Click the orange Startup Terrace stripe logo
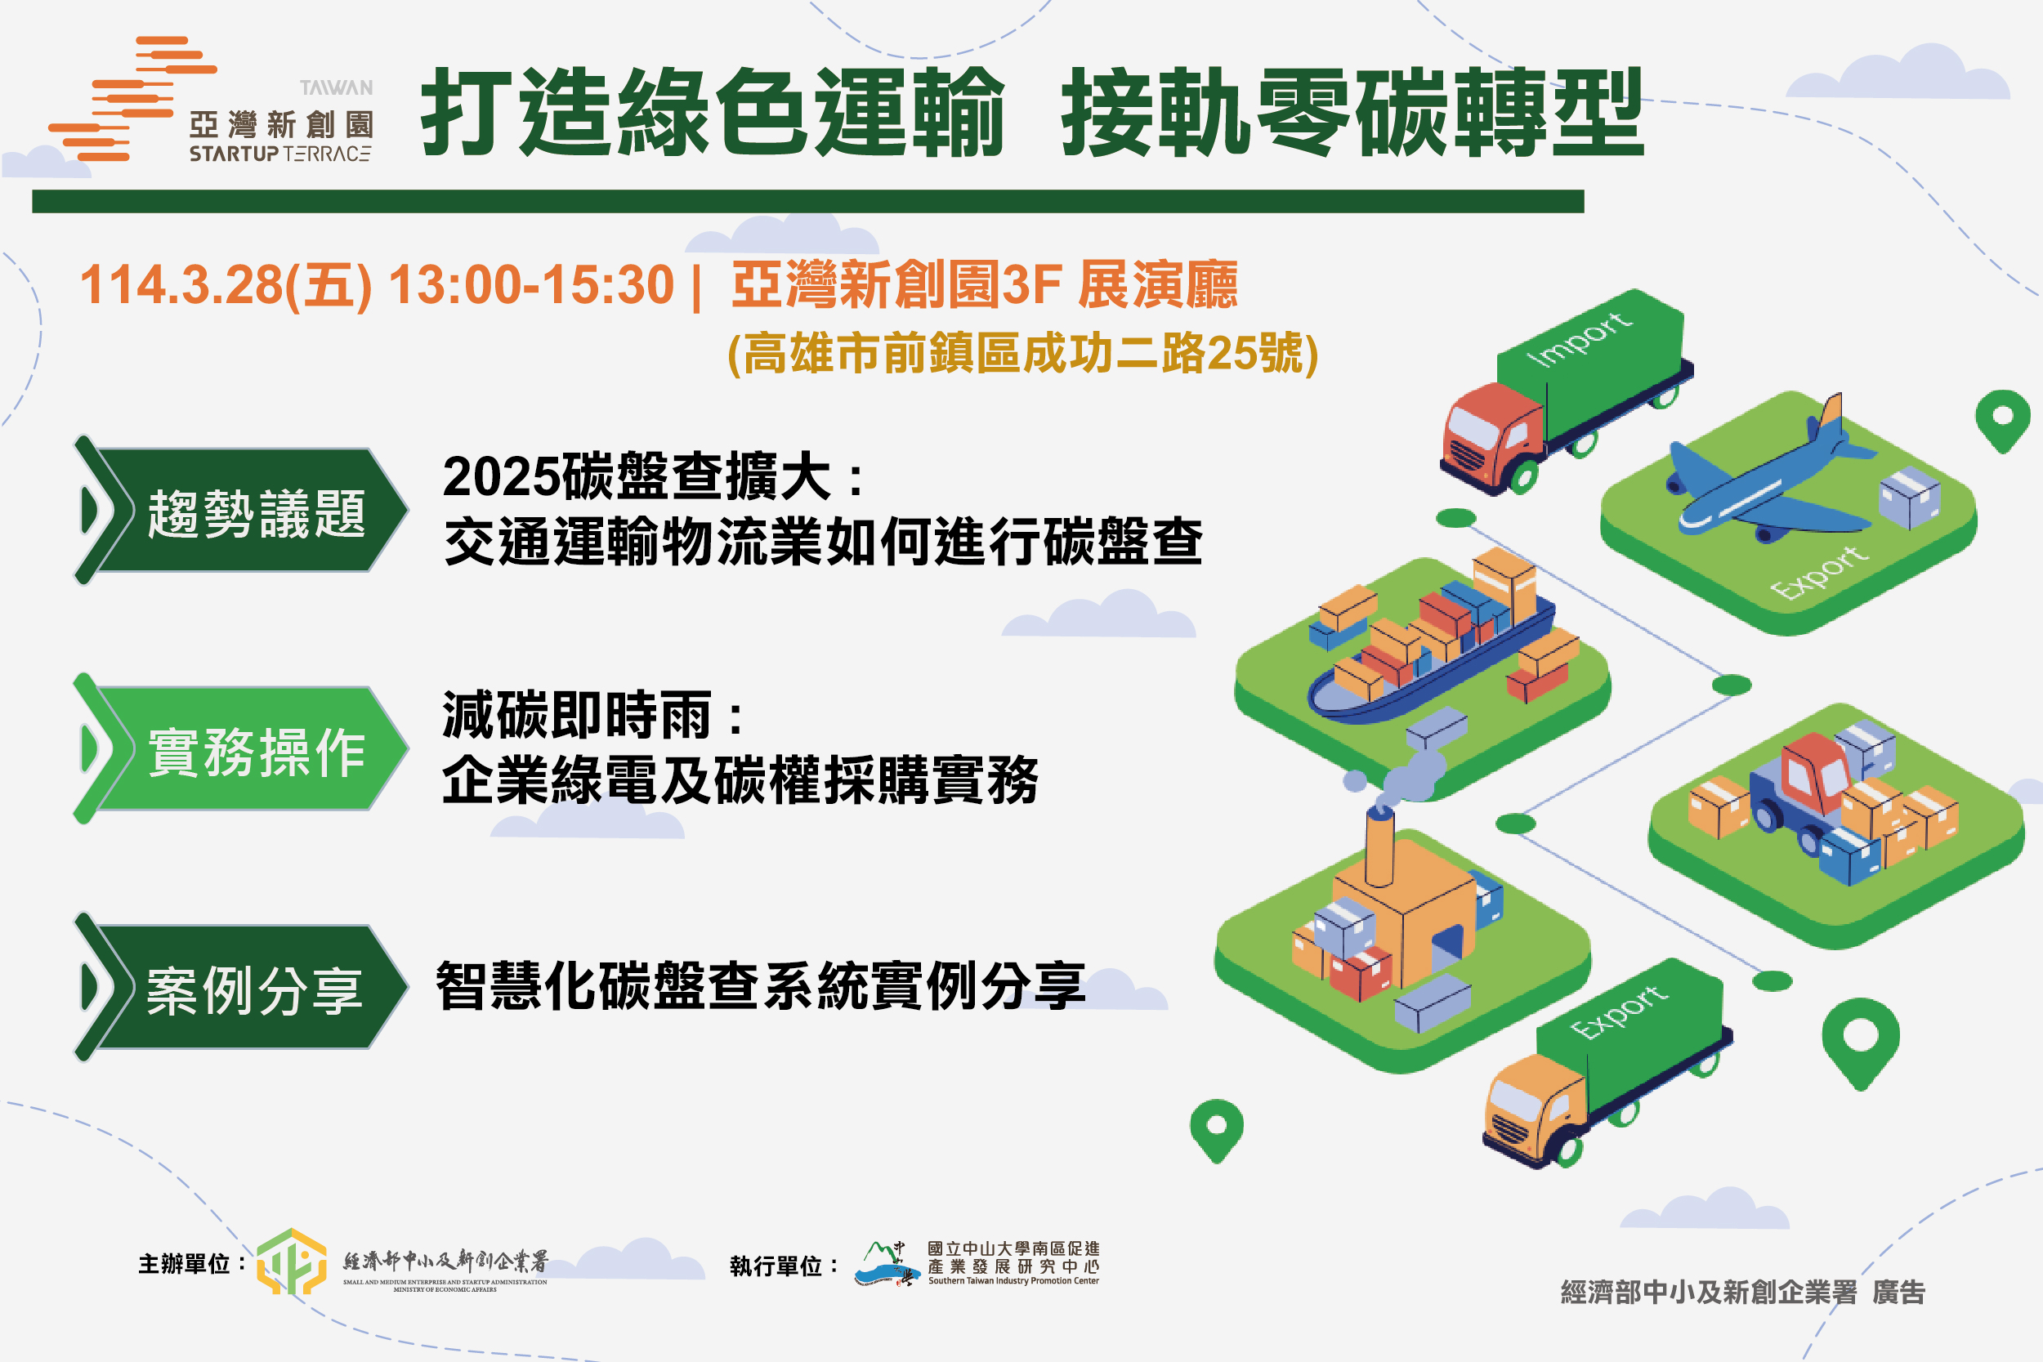coord(132,99)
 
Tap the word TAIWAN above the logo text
coord(336,87)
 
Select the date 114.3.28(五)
coord(226,285)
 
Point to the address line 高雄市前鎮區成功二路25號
coord(1022,353)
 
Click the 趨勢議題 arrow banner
coord(240,510)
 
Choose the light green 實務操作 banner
coord(240,748)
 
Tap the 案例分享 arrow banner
coord(240,988)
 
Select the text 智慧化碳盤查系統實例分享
coord(761,986)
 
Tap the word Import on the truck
coord(1579,340)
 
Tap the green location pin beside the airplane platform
coord(2002,421)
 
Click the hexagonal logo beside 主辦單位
coord(292,1262)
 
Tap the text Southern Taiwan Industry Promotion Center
coord(1013,1280)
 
